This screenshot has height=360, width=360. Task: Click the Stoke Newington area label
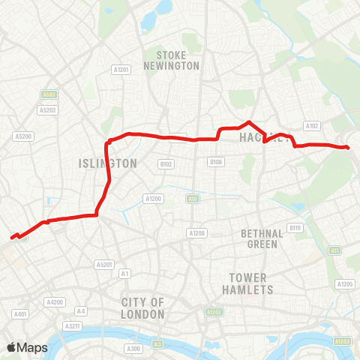(x=178, y=60)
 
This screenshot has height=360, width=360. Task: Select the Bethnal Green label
(x=261, y=238)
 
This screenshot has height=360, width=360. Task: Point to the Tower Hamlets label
(x=248, y=283)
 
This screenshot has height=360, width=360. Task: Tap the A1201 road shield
(x=121, y=70)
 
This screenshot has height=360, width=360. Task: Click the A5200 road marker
(x=23, y=136)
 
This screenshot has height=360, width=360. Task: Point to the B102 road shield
(x=166, y=163)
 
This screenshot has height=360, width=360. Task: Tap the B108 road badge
(x=216, y=162)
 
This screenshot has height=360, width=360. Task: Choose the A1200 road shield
(x=154, y=199)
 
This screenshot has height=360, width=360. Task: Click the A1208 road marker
(x=197, y=233)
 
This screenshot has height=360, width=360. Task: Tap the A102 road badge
(x=313, y=126)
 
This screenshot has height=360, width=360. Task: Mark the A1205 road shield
(x=345, y=284)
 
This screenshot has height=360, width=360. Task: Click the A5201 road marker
(x=103, y=265)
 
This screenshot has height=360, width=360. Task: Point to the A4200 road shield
(x=54, y=301)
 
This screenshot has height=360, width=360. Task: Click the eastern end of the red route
(x=349, y=147)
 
